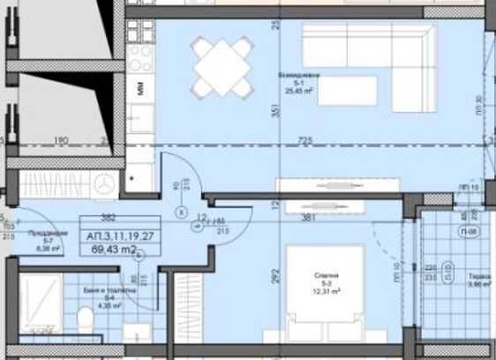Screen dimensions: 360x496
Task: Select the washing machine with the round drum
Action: tap(105, 183)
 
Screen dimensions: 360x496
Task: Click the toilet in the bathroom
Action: tap(85, 320)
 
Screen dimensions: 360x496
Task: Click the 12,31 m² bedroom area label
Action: tap(327, 284)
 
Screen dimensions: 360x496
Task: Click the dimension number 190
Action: tap(61, 139)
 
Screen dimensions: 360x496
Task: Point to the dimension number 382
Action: tap(109, 216)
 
